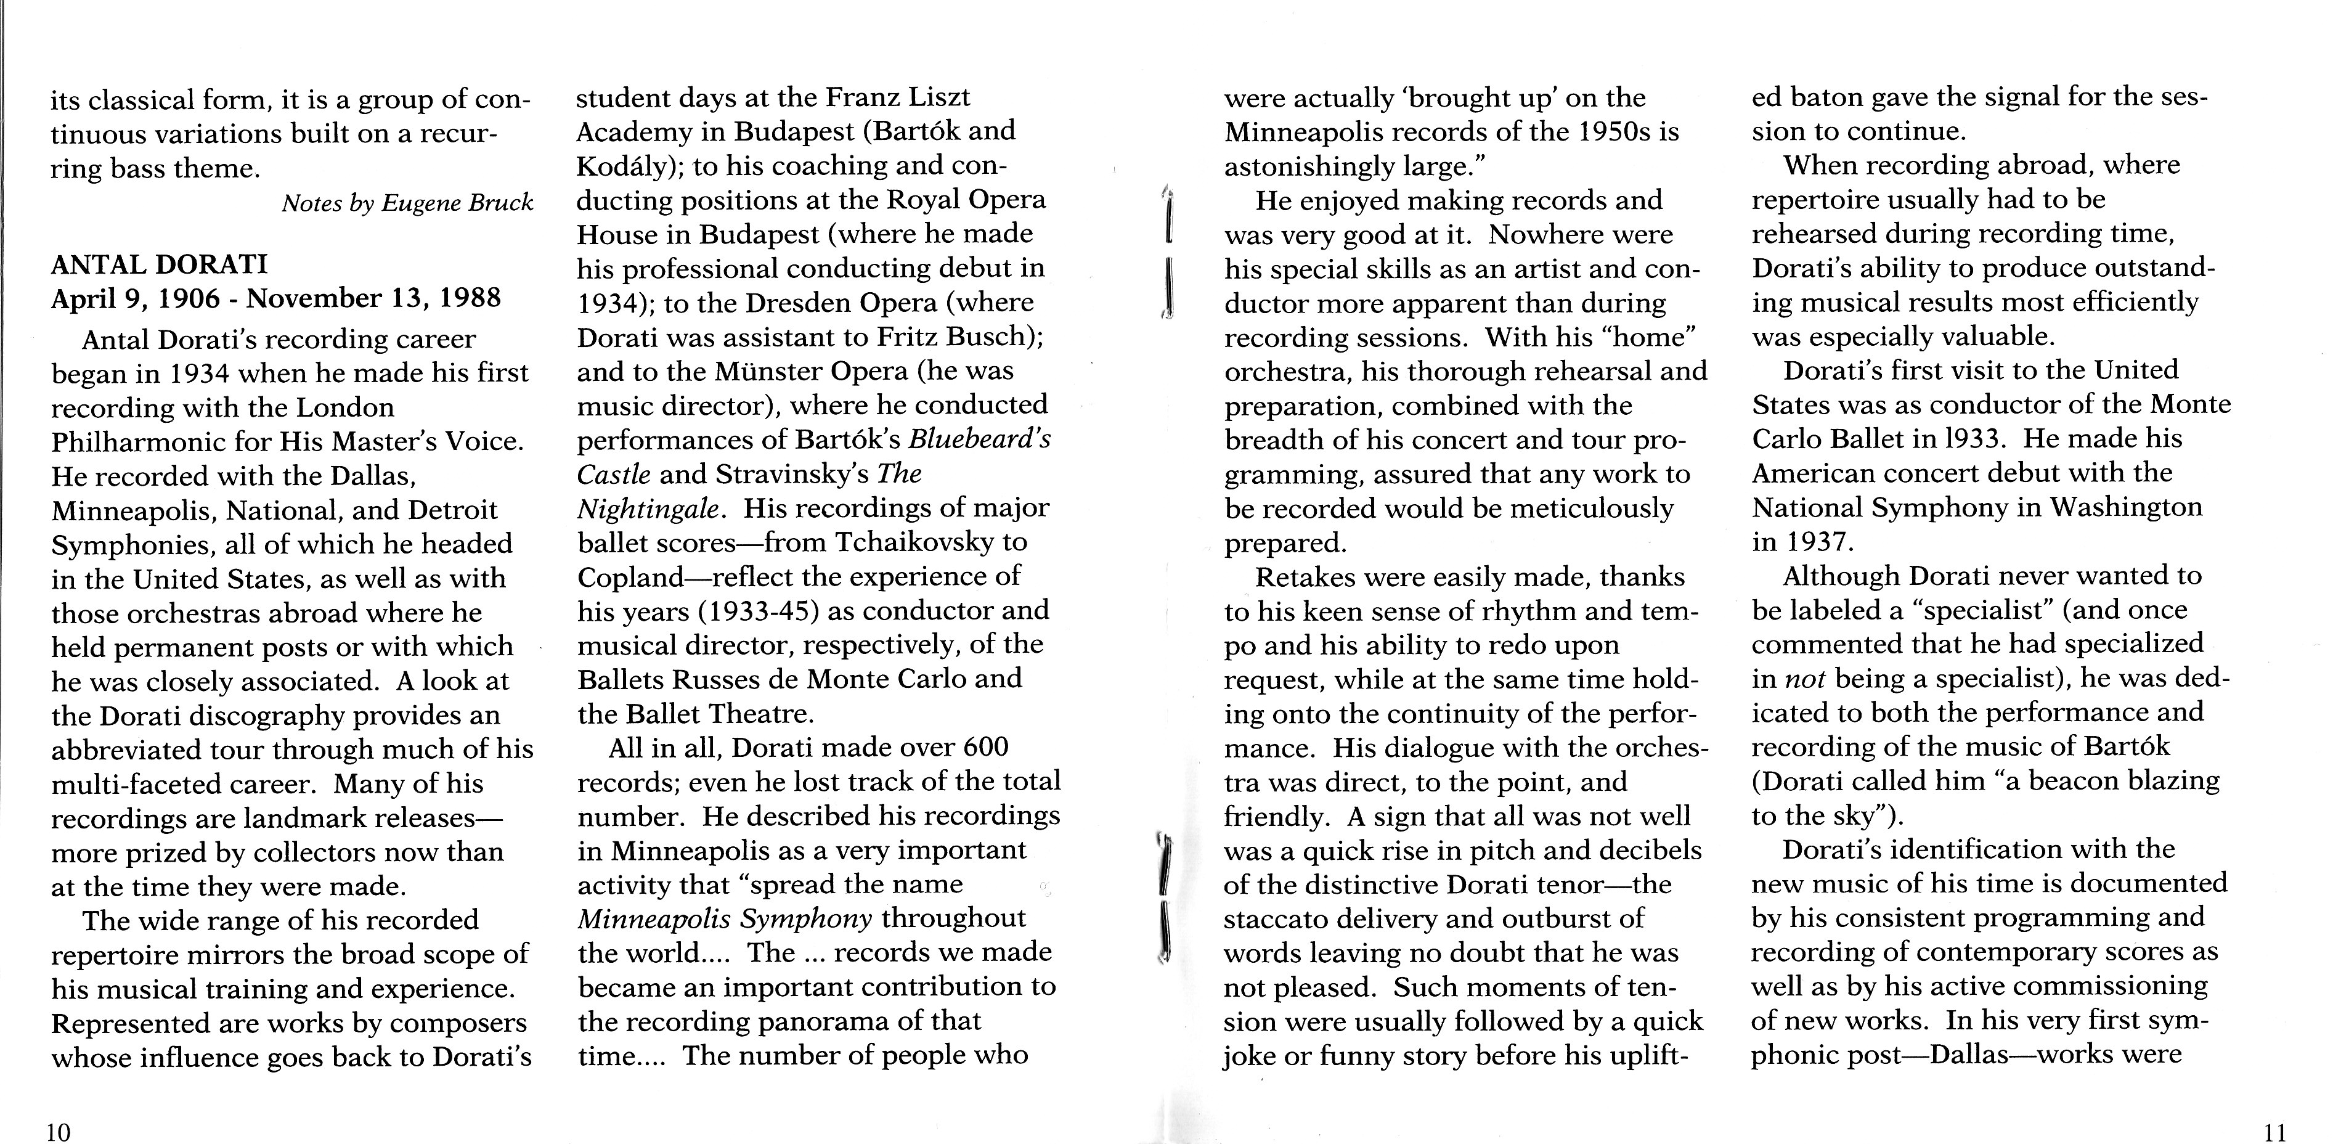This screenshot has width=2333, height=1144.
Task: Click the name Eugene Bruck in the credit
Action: tap(457, 203)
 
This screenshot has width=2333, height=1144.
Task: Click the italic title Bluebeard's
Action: tap(979, 439)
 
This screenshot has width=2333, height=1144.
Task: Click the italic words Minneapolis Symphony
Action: tap(725, 918)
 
